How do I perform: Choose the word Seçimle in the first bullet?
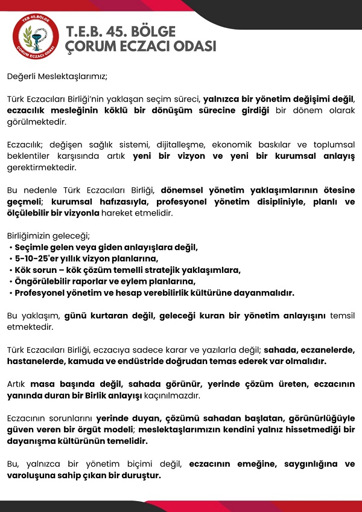31,247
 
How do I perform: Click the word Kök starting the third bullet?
22,270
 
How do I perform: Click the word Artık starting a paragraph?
17,384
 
